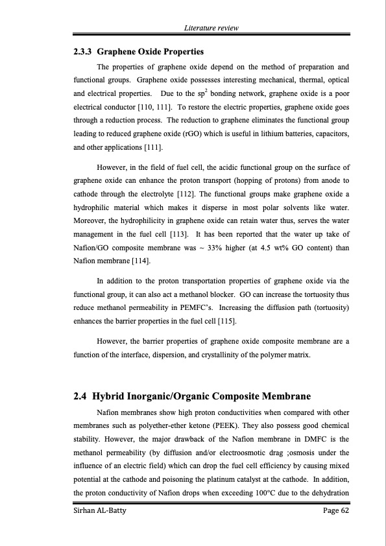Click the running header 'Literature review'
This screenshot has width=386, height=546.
[x=211, y=28]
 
